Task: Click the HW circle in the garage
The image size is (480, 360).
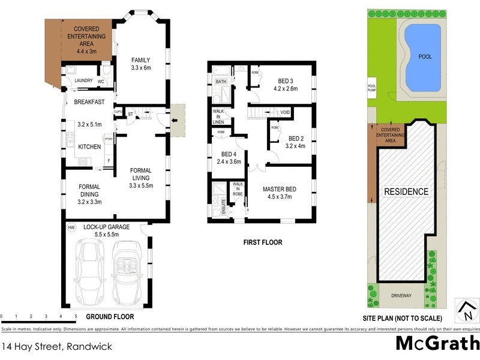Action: pyautogui.click(x=71, y=228)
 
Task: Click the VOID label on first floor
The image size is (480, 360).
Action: pyautogui.click(x=285, y=112)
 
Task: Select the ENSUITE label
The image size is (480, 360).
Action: pyautogui.click(x=223, y=206)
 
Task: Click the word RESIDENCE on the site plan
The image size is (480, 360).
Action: pyautogui.click(x=407, y=192)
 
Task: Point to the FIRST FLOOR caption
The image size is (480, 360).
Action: pyautogui.click(x=263, y=243)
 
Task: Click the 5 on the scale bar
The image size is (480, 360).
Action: pyautogui.click(x=76, y=316)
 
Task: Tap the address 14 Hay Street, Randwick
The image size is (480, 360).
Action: pyautogui.click(x=57, y=346)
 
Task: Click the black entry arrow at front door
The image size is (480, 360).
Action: pyautogui.click(x=175, y=119)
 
